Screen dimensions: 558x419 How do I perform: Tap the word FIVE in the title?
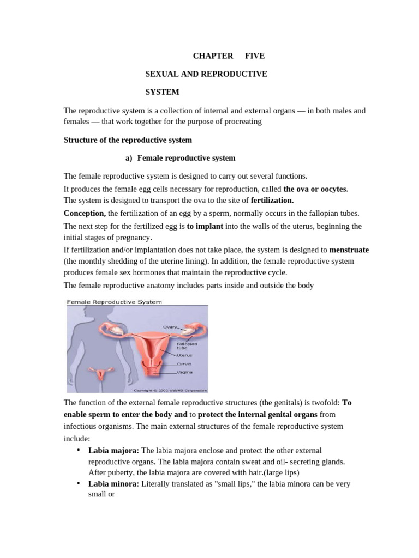click(x=255, y=56)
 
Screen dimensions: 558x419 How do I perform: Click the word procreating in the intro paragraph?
click(x=241, y=122)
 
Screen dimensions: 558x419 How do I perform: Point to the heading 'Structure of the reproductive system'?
click(x=128, y=140)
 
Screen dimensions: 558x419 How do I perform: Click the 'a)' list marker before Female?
click(x=129, y=158)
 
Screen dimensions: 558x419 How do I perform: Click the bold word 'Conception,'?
click(x=85, y=213)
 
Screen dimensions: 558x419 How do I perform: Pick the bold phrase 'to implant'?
click(x=205, y=226)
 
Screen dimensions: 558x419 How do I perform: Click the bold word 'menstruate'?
click(x=349, y=250)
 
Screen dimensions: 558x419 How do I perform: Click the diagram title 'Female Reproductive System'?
click(x=113, y=301)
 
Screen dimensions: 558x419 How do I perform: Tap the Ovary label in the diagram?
click(x=170, y=327)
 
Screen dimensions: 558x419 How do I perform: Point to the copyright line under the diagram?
click(x=170, y=390)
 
